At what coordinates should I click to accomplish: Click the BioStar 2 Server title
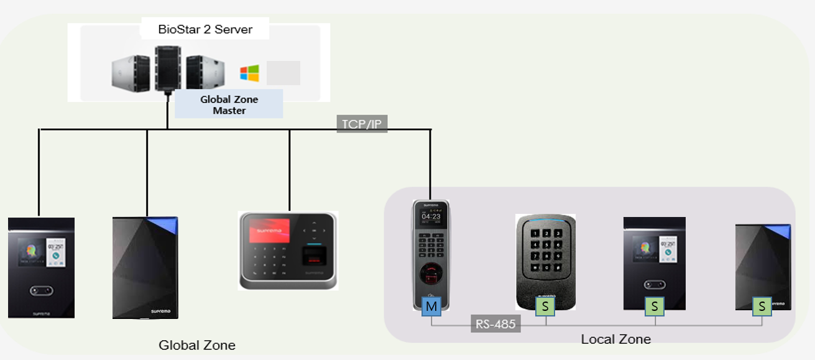205,29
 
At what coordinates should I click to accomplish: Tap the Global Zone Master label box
229,104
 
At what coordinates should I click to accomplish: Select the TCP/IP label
362,124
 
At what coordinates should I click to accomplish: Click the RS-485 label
495,323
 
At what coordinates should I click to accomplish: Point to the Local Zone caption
615,339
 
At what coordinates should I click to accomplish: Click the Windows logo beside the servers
249,74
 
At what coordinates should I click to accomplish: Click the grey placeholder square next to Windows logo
283,73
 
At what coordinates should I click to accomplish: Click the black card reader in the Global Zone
145,267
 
